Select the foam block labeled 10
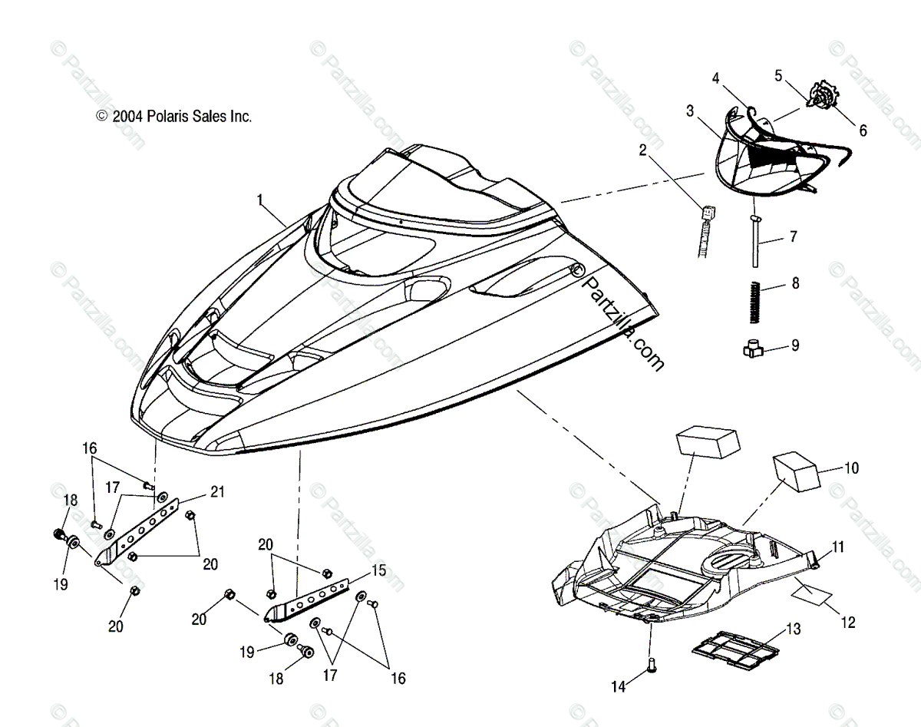click(794, 471)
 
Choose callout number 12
click(847, 623)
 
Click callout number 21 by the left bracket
click(218, 491)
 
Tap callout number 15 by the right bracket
click(378, 570)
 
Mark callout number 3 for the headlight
click(690, 111)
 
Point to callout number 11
click(837, 547)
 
